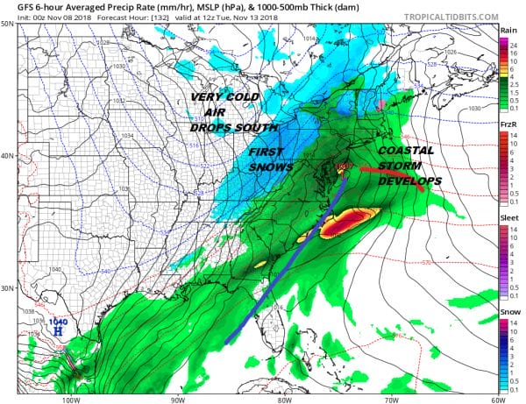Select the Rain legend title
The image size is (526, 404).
pyautogui.click(x=508, y=30)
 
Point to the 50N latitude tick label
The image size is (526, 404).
pyautogui.click(x=8, y=24)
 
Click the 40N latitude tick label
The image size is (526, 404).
pyautogui.click(x=8, y=156)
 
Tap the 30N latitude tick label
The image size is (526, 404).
pyautogui.click(x=8, y=288)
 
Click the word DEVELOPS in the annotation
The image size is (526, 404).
pyautogui.click(x=409, y=181)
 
